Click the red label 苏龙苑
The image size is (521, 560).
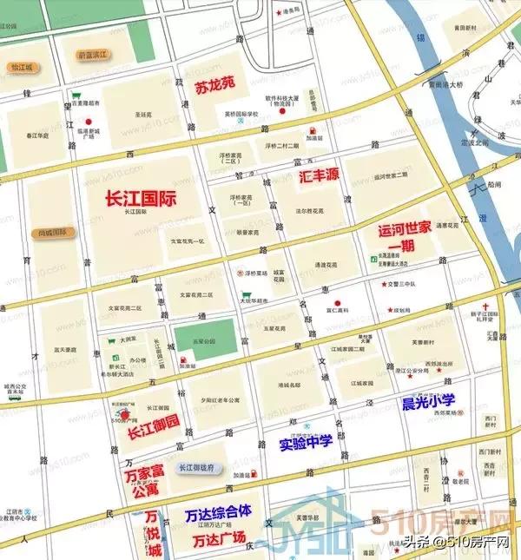216,86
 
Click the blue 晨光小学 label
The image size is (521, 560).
428,402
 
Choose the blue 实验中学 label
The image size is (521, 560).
306,443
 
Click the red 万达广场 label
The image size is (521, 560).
219,539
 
